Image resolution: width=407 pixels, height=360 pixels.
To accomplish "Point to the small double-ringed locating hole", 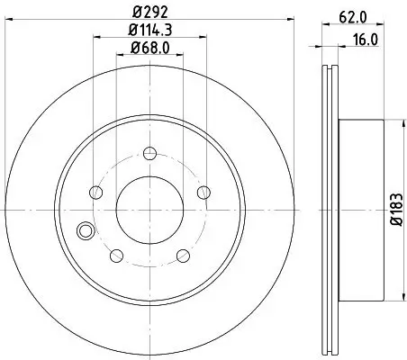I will (86, 230).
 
